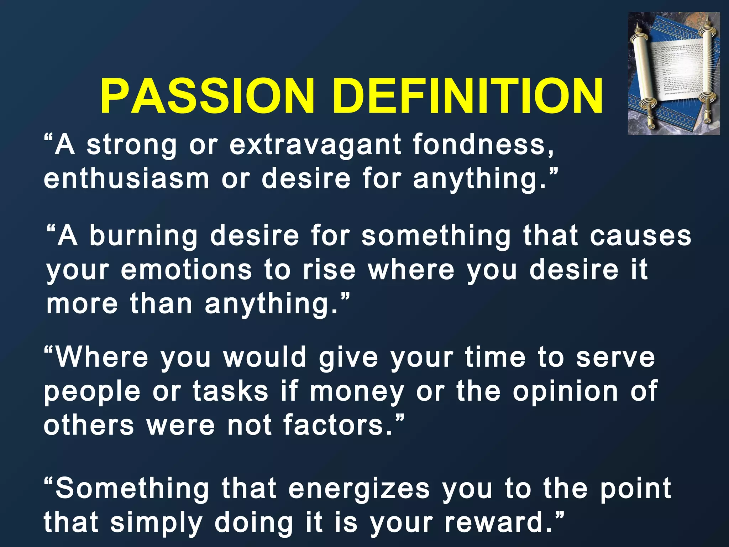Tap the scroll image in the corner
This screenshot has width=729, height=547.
pyautogui.click(x=673, y=74)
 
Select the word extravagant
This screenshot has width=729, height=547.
pyautogui.click(x=315, y=145)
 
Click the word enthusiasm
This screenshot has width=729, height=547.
pyautogui.click(x=126, y=178)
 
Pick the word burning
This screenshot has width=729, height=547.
pyautogui.click(x=143, y=236)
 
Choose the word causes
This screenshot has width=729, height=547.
pyautogui.click(x=641, y=236)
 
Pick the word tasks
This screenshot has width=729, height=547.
pyautogui.click(x=230, y=391)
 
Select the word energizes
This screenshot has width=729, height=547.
pyautogui.click(x=359, y=488)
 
